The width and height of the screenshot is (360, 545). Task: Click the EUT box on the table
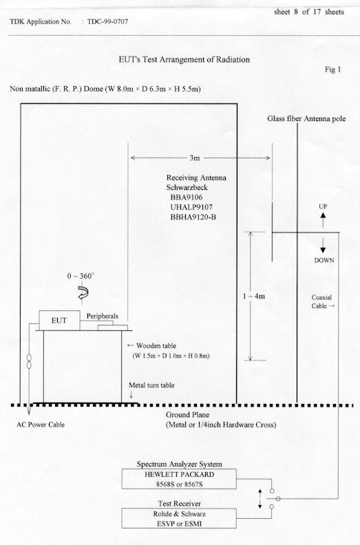tap(59, 321)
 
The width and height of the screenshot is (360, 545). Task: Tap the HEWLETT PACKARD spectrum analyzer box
tap(179, 479)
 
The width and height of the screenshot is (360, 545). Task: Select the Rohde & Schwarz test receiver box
tap(179, 519)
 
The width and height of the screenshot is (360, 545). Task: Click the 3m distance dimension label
tap(195, 158)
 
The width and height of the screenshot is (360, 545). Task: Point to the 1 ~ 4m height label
tap(254, 296)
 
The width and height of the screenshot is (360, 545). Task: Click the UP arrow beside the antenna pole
tap(323, 220)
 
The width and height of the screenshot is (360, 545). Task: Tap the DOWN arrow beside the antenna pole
tap(323, 246)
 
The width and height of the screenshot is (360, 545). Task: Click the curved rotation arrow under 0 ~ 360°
tap(83, 292)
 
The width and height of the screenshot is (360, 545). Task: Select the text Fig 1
tap(333, 70)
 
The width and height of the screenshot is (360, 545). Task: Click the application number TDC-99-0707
tap(108, 21)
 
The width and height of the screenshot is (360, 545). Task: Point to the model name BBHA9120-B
tap(193, 217)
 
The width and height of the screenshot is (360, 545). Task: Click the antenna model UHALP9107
tap(191, 207)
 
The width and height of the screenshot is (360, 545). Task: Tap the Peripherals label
tap(103, 317)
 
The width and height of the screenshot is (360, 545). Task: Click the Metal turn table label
tap(151, 385)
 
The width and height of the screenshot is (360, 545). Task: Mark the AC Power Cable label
tap(41, 425)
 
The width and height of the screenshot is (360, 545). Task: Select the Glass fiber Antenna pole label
tap(306, 119)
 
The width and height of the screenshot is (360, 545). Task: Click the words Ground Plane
tap(187, 415)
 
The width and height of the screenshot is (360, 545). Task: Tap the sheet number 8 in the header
tap(296, 12)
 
